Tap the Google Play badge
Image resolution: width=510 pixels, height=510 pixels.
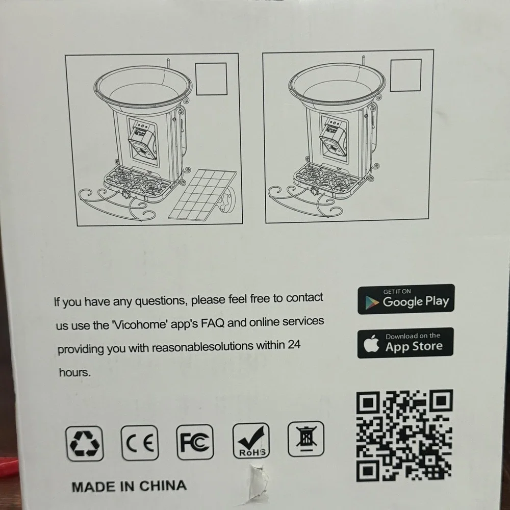[x=406, y=299]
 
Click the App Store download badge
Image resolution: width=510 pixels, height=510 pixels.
[x=405, y=343]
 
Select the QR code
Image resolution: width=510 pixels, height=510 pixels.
[x=404, y=436]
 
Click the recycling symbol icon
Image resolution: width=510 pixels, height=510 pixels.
[x=85, y=443]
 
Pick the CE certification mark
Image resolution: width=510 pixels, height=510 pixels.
[x=140, y=443]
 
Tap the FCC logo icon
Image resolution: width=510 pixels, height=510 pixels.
[x=195, y=442]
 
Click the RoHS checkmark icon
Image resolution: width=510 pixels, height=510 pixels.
[x=251, y=441]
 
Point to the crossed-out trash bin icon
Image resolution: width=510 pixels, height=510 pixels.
[x=306, y=439]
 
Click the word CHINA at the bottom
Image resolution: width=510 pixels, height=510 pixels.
[x=163, y=486]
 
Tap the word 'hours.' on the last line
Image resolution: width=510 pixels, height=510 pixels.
[x=75, y=372]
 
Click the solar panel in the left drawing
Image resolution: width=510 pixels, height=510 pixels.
[x=202, y=194]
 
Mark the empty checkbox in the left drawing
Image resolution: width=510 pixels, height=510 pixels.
[x=212, y=79]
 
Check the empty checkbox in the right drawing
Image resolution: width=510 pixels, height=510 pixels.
[x=405, y=75]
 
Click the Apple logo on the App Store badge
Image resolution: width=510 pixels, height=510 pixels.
[x=371, y=343]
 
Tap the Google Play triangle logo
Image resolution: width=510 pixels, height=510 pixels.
[x=372, y=302]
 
